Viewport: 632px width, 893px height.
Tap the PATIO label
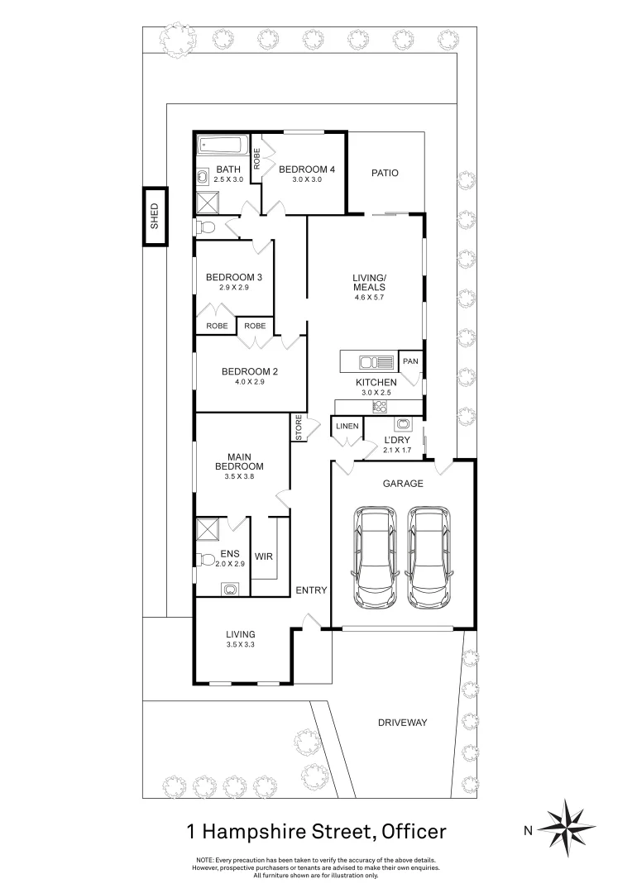[385, 173]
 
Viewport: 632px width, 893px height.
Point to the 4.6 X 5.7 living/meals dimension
[368, 297]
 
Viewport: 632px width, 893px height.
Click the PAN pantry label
[409, 361]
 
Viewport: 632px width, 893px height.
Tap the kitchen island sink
[381, 361]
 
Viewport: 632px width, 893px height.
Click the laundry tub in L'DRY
[403, 425]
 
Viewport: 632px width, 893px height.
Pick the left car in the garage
[375, 556]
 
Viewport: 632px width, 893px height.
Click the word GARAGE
[403, 484]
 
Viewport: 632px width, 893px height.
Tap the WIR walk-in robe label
[264, 556]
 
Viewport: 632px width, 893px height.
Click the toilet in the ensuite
[204, 557]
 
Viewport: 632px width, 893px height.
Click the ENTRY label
[312, 590]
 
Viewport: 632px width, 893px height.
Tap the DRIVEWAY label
[402, 722]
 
